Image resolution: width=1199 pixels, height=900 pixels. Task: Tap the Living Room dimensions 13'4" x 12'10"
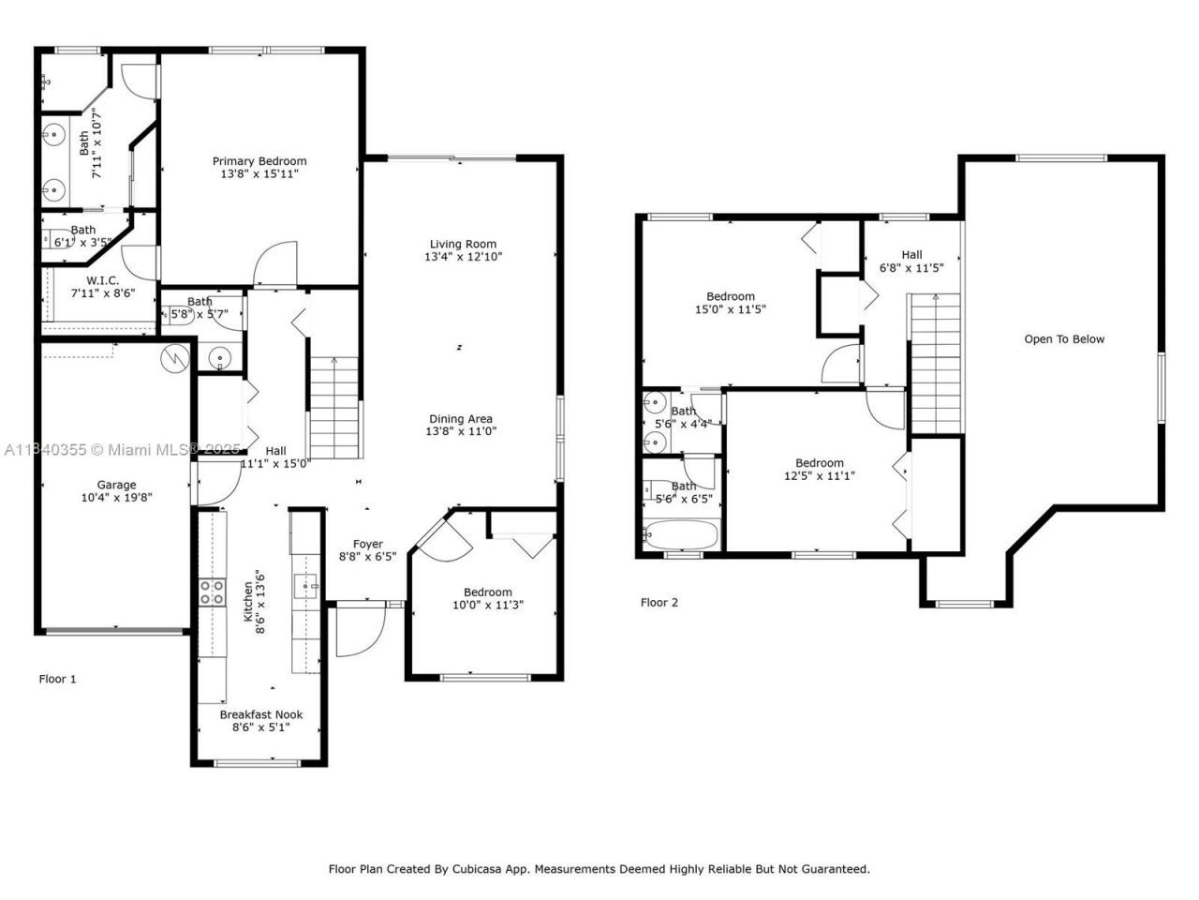[x=463, y=257]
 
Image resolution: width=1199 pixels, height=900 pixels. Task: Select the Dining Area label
[x=460, y=419]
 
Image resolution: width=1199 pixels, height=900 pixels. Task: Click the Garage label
[x=116, y=485]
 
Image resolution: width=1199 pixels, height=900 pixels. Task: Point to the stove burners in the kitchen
[x=212, y=592]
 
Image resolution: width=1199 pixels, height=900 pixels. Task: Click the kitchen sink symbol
[x=306, y=588]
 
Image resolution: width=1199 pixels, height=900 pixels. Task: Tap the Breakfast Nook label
[x=260, y=714]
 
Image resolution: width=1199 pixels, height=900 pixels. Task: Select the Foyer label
[x=367, y=544]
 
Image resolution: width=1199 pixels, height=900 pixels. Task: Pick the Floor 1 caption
[x=57, y=679]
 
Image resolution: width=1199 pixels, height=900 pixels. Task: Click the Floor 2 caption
[x=659, y=602]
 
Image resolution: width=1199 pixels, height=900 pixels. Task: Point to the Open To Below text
[x=1064, y=339]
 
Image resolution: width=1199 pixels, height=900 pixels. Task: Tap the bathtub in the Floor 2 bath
[x=681, y=536]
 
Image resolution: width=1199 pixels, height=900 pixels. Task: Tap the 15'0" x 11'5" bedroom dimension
[x=731, y=309]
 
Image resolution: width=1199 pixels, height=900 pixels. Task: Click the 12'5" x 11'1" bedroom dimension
[x=820, y=476]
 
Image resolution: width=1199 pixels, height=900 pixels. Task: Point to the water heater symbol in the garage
[x=173, y=359]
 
